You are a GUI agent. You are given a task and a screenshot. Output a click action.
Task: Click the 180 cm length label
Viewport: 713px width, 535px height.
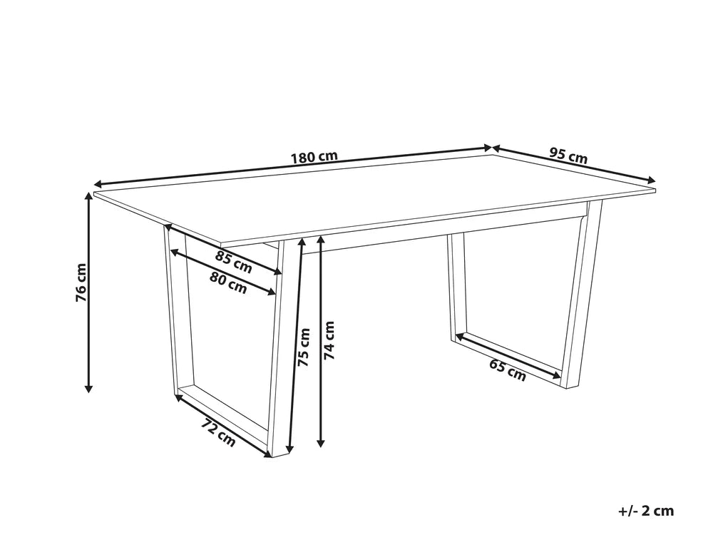coord(314,158)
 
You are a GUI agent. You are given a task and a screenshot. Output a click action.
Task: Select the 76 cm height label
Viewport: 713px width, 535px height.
coord(81,282)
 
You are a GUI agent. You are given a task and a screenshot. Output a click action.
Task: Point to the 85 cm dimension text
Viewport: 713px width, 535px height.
coord(234,262)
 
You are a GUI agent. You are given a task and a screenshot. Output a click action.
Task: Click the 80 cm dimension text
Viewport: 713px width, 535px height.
coord(228,282)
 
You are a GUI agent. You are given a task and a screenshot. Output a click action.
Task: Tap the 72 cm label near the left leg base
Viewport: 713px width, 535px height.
coord(219,433)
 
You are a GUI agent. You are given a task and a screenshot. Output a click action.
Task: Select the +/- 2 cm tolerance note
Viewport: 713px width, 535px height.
coord(646,511)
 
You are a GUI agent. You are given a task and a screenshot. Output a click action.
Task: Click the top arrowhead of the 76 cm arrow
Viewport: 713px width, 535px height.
coord(89,196)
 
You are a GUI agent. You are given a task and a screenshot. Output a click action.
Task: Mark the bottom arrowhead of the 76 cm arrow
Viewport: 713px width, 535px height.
coord(89,388)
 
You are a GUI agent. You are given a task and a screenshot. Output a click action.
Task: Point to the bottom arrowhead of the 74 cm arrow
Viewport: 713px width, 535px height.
coord(322,443)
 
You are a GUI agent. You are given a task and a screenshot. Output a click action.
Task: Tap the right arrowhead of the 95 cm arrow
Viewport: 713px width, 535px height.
coord(652,180)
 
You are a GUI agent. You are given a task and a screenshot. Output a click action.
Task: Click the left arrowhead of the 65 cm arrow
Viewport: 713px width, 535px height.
coord(459,336)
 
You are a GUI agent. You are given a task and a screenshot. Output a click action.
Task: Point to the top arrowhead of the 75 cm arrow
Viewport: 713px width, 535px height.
coord(300,243)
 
